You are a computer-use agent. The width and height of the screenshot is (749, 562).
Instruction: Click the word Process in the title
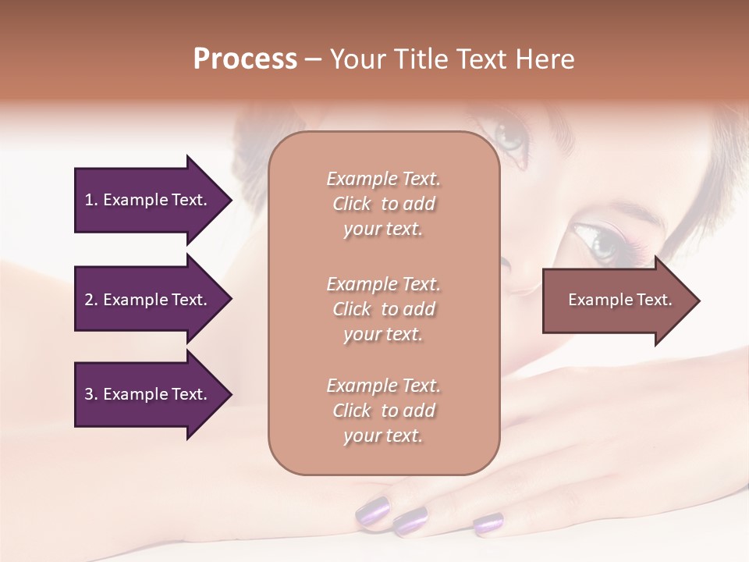tap(245, 59)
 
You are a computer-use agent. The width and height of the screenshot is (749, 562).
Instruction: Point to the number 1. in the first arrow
tap(91, 200)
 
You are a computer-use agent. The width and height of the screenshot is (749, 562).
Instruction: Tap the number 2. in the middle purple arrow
tap(91, 300)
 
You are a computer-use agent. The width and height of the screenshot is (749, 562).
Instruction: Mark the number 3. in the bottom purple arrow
tap(91, 394)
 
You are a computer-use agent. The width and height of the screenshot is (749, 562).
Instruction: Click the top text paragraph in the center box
tap(383, 204)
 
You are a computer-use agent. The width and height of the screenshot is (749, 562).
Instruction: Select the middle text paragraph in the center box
tap(383, 308)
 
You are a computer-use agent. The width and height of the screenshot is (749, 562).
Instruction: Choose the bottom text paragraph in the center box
tap(383, 411)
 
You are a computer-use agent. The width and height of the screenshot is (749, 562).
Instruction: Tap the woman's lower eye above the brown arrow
tap(601, 241)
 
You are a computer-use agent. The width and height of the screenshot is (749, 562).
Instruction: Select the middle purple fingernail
tap(410, 520)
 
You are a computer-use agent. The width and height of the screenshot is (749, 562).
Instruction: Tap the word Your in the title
tap(358, 59)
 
